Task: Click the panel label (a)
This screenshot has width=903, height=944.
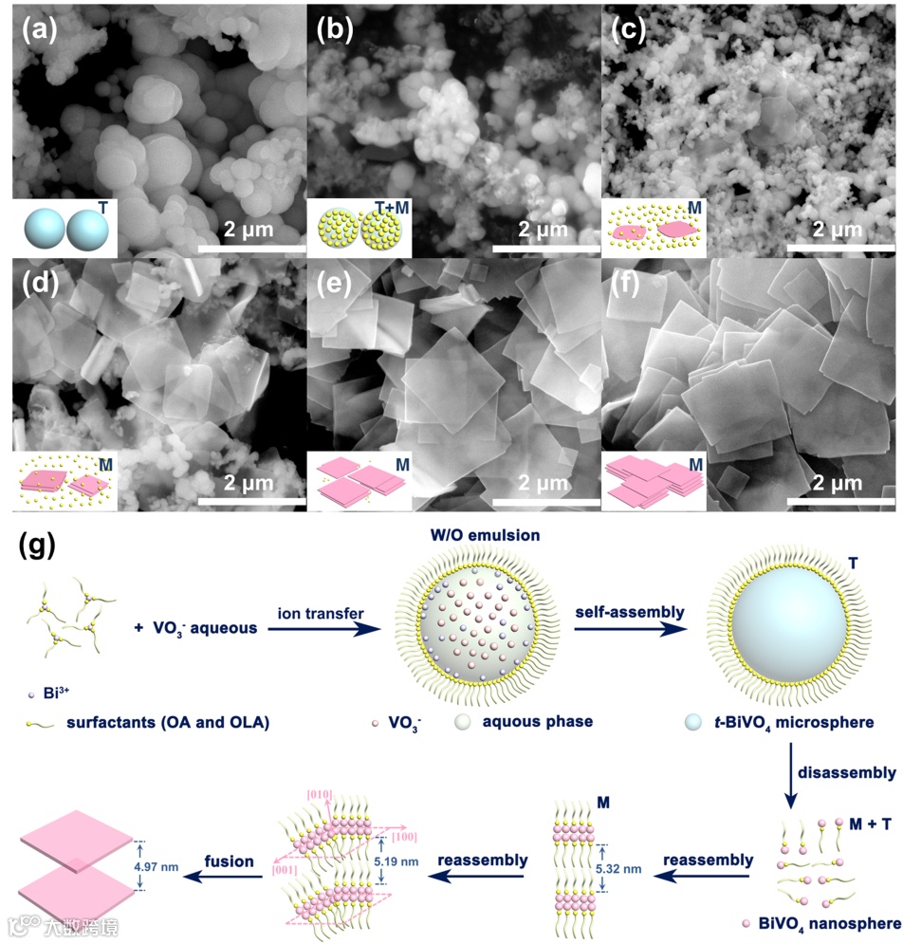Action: [x=39, y=31]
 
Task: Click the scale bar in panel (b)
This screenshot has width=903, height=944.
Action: [x=546, y=249]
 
